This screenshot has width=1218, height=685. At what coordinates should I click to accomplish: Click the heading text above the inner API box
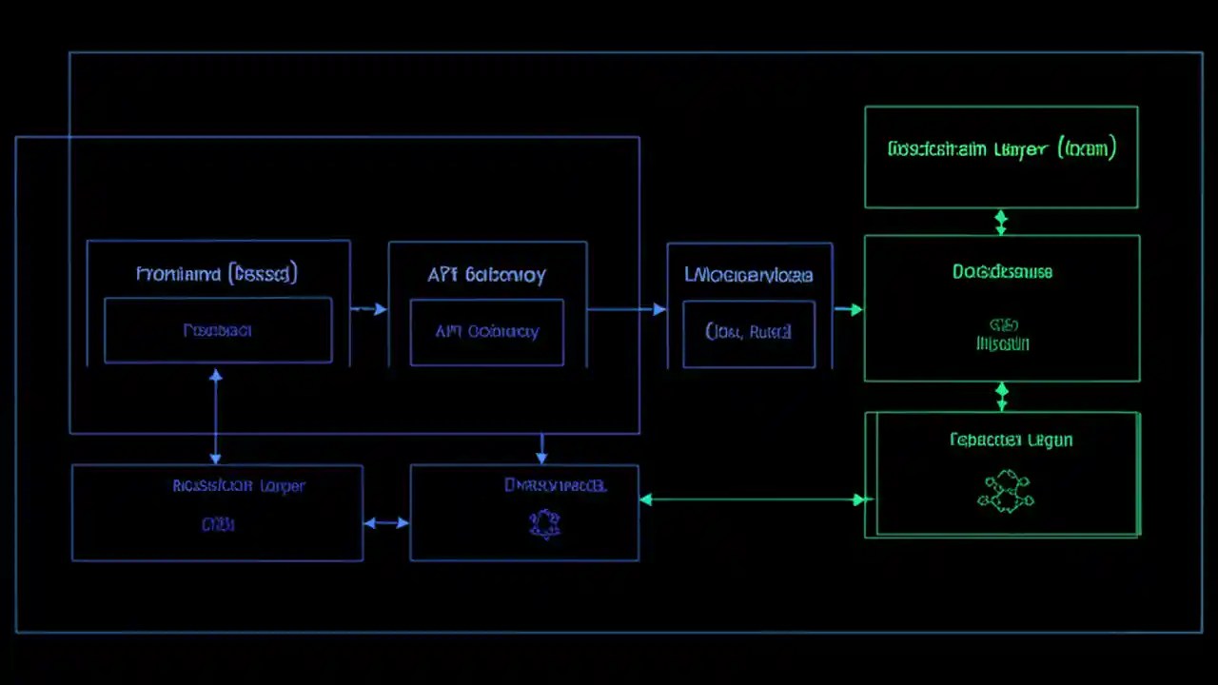click(x=486, y=275)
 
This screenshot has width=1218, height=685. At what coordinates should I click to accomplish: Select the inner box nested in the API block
click(x=486, y=332)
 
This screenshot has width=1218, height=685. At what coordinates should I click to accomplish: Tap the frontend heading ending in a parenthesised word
click(x=217, y=274)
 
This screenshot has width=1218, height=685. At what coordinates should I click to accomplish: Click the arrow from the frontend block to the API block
click(x=369, y=309)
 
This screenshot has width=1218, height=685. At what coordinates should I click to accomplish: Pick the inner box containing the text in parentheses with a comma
click(x=749, y=334)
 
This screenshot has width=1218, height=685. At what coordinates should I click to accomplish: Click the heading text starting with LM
click(x=749, y=275)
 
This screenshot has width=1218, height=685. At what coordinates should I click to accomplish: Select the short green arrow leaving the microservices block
click(x=848, y=309)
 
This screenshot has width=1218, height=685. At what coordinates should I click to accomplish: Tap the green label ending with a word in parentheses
click(x=1001, y=148)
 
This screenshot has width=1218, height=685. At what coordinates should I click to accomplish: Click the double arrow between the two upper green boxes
click(x=1000, y=222)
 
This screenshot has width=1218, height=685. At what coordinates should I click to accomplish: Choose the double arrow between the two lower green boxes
click(x=1001, y=396)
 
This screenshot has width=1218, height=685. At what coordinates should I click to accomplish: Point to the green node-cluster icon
click(x=1005, y=491)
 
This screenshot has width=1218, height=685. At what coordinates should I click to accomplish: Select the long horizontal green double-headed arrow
click(x=752, y=499)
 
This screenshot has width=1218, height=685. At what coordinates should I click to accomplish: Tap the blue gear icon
click(x=544, y=522)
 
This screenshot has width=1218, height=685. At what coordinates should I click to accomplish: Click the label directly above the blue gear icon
click(x=555, y=485)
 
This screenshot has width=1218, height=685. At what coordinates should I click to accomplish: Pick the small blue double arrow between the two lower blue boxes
click(x=386, y=522)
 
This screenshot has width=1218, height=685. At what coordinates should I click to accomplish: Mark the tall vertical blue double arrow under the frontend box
click(x=216, y=417)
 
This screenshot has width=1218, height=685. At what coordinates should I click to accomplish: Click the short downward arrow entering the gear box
click(x=541, y=448)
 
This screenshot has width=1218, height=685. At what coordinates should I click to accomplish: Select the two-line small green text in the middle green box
click(x=1002, y=335)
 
